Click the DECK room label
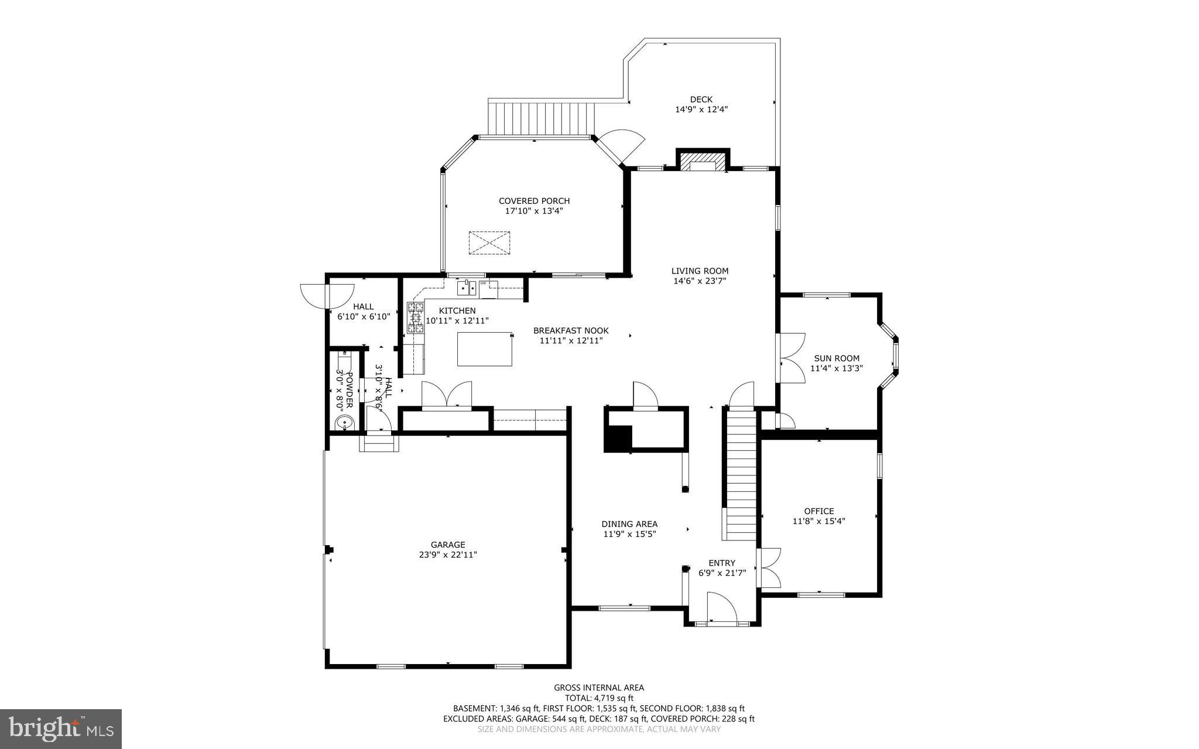(701, 100)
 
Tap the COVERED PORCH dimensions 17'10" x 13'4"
(534, 211)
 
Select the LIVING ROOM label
(700, 271)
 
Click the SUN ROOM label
(836, 358)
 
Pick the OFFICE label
(818, 511)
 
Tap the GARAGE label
(448, 545)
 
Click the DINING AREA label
(629, 524)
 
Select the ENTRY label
(721, 563)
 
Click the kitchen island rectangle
(484, 348)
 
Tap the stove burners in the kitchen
(416, 318)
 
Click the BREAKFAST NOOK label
(570, 330)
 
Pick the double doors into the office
(769, 568)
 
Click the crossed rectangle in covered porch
(489, 243)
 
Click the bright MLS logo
(61, 729)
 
